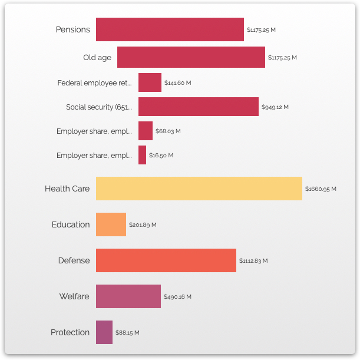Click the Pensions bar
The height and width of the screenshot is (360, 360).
tap(170, 29)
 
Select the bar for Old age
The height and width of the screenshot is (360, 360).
tap(191, 57)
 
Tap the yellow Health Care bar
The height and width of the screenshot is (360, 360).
tap(199, 189)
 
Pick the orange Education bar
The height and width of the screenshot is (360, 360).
tap(111, 224)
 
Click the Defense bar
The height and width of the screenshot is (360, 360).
tap(166, 260)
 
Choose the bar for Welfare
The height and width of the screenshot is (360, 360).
tap(128, 296)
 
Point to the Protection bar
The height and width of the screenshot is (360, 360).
tap(104, 332)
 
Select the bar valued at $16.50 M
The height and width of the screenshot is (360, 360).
tap(142, 155)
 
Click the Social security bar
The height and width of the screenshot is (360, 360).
tap(199, 107)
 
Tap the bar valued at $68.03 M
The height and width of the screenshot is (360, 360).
tap(146, 131)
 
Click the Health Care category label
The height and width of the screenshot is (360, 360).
tap(67, 189)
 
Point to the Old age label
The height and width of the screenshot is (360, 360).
tap(97, 57)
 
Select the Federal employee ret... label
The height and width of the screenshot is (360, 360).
tap(94, 82)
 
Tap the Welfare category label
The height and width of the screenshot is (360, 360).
tap(74, 296)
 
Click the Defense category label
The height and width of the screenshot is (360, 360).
tap(74, 260)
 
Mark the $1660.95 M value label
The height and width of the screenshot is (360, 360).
tap(321, 189)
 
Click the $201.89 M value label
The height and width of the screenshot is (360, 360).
tap(143, 225)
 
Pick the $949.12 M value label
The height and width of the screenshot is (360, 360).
tap(275, 107)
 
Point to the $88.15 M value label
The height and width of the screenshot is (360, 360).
tap(127, 333)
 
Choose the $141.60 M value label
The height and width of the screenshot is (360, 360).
tap(178, 83)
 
